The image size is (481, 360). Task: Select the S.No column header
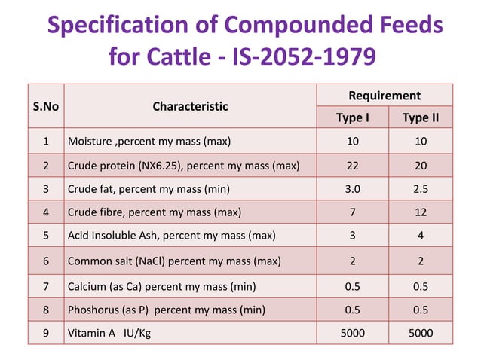[x=45, y=106]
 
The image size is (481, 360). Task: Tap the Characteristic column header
[x=190, y=106]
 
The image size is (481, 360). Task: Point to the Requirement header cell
[x=384, y=96]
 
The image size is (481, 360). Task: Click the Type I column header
[x=352, y=117]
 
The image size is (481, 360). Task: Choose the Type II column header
[x=421, y=117]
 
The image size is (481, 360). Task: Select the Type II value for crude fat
[x=421, y=189]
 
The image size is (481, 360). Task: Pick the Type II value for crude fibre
[x=421, y=213]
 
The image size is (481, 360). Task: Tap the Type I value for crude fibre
[x=352, y=213]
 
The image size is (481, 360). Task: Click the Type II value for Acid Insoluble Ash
[x=421, y=236]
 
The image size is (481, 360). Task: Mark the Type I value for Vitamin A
[x=352, y=332]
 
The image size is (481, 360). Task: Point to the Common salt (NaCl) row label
[x=174, y=261]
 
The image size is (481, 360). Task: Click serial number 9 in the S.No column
[x=45, y=332]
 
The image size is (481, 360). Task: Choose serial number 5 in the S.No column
[x=45, y=236]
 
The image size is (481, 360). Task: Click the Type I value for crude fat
[x=352, y=189]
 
